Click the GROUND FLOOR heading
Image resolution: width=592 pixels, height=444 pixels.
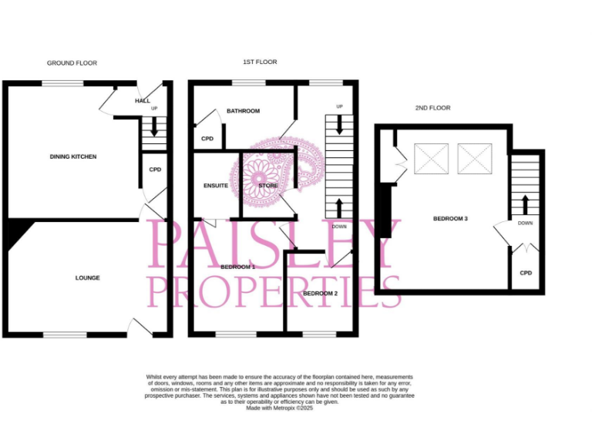pyautogui.click(x=72, y=62)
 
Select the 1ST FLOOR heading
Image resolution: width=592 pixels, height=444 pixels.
pyautogui.click(x=260, y=62)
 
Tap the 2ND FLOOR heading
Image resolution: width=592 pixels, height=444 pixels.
pyautogui.click(x=432, y=108)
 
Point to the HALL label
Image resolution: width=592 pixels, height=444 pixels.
pyautogui.click(x=142, y=101)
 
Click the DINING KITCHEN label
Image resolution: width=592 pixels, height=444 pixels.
pyautogui.click(x=73, y=156)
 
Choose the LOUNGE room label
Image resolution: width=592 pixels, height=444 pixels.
pyautogui.click(x=87, y=277)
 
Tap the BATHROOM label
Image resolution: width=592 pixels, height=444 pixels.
pyautogui.click(x=243, y=111)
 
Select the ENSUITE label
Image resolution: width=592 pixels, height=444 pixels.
pyautogui.click(x=216, y=186)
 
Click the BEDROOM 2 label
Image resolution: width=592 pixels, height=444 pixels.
pyautogui.click(x=320, y=294)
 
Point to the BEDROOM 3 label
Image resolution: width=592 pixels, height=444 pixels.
pyautogui.click(x=450, y=219)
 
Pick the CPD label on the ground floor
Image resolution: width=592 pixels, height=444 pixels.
pyautogui.click(x=155, y=170)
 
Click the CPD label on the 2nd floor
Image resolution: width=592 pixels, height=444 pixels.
pyautogui.click(x=526, y=273)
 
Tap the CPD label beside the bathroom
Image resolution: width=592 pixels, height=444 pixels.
pyautogui.click(x=207, y=139)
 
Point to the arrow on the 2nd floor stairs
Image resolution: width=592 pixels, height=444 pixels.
pyautogui.click(x=526, y=205)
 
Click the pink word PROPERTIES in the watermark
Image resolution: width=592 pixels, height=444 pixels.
pyautogui.click(x=274, y=291)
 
